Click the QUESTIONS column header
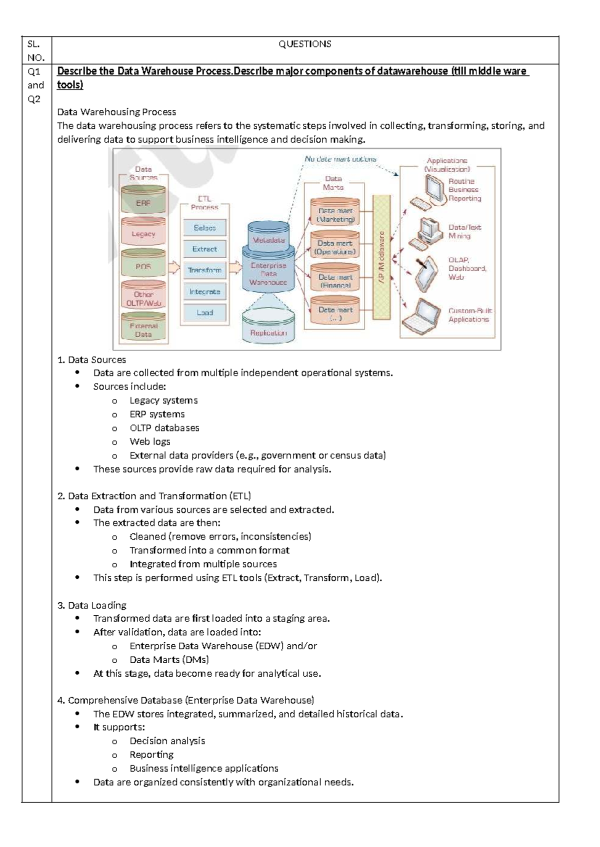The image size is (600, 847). pos(304,44)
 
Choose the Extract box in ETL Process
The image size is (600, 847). pos(204,249)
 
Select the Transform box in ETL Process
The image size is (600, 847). pos(204,270)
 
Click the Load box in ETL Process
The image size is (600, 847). pos(204,313)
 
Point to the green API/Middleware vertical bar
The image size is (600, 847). pos(381,257)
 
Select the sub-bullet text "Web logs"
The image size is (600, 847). pos(149,441)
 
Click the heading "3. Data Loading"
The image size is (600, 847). pos(92,605)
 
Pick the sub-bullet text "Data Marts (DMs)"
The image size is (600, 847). pos(169,660)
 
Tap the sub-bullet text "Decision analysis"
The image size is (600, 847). pos(167,741)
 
